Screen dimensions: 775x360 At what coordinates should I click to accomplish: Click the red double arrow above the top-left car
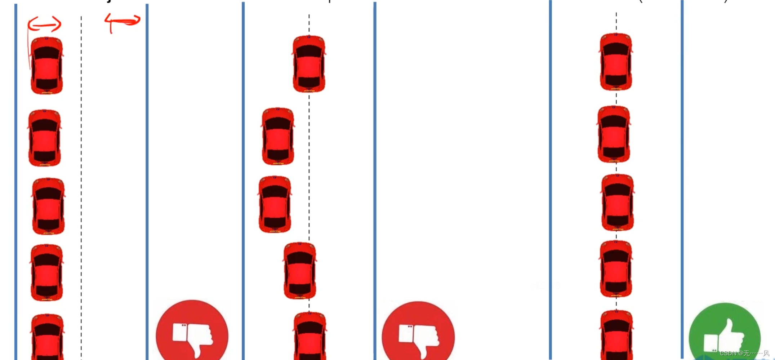click(x=45, y=24)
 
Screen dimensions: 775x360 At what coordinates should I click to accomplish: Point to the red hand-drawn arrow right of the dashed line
click(x=123, y=21)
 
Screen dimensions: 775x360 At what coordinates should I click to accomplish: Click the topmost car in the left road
click(x=46, y=66)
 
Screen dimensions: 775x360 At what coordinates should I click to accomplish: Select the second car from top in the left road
click(x=44, y=138)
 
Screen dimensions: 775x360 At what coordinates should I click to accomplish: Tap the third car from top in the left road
click(x=48, y=206)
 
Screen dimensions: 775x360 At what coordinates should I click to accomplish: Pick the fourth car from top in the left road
click(x=46, y=272)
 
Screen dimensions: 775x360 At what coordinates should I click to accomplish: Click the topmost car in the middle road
click(x=309, y=64)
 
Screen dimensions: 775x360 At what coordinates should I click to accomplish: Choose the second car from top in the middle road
click(x=277, y=136)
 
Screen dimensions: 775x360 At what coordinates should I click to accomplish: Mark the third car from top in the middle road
click(x=275, y=204)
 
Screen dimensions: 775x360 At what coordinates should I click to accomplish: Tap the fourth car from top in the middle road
click(x=300, y=271)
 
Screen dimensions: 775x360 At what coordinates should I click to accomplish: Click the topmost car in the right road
click(x=616, y=61)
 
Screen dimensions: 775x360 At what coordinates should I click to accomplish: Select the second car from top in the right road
click(x=614, y=134)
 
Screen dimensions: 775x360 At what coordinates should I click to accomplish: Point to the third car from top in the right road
click(x=617, y=203)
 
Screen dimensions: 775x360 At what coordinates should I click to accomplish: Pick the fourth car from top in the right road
click(x=616, y=269)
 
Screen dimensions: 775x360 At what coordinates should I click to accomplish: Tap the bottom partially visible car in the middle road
click(x=310, y=336)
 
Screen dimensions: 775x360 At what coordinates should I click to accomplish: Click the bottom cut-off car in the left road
click(x=47, y=337)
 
